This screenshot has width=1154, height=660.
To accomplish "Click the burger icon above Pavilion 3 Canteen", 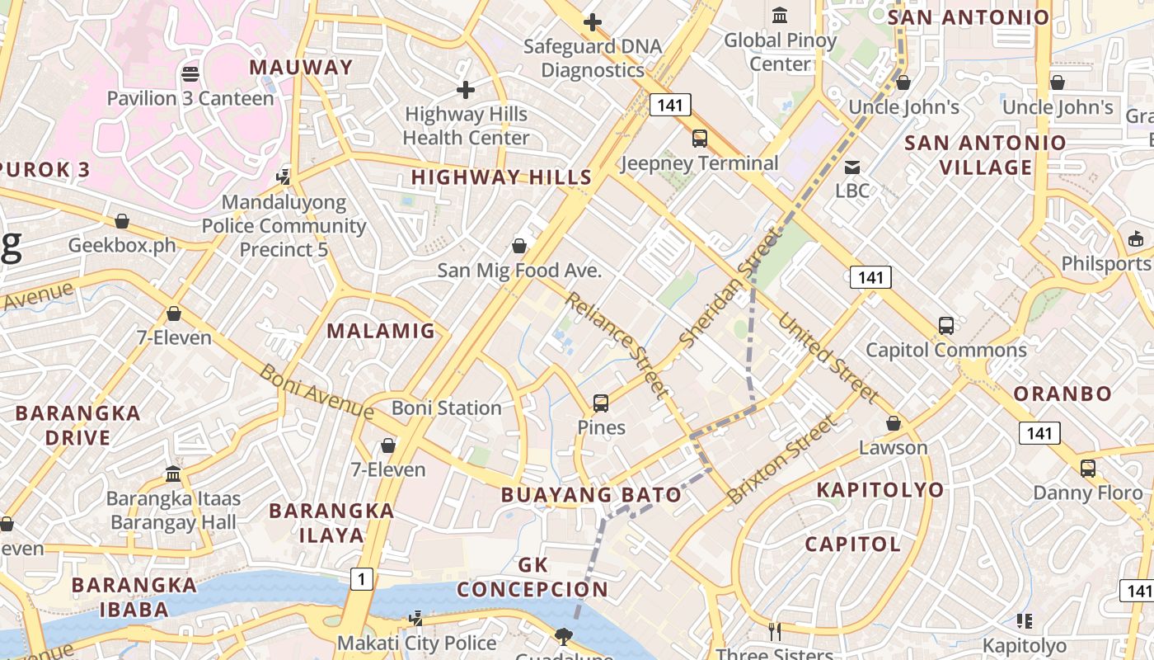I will pyautogui.click(x=190, y=74).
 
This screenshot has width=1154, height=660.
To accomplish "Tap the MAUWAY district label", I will pyautogui.click(x=301, y=68).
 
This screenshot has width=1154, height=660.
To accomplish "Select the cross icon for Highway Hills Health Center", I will pyautogui.click(x=466, y=89).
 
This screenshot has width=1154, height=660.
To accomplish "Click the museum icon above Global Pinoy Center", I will pyautogui.click(x=780, y=15).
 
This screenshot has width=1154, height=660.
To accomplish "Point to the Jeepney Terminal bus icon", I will pyautogui.click(x=699, y=139).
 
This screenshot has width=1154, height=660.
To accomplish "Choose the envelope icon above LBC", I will pyautogui.click(x=852, y=167).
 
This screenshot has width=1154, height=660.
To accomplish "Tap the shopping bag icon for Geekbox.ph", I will pyautogui.click(x=122, y=221).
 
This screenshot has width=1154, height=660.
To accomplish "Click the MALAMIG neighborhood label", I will pyautogui.click(x=381, y=332).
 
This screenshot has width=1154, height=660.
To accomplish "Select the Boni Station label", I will pyautogui.click(x=447, y=408).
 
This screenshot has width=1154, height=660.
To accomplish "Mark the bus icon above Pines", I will pyautogui.click(x=601, y=403).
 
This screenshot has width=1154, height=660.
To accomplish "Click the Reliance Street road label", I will pyautogui.click(x=616, y=344).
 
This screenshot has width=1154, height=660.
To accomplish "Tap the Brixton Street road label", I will pyautogui.click(x=781, y=460).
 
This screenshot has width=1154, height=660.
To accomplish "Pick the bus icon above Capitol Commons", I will pyautogui.click(x=946, y=326).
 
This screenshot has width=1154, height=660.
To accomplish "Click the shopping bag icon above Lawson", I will pyautogui.click(x=893, y=423).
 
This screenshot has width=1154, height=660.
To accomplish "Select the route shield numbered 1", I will pyautogui.click(x=361, y=579).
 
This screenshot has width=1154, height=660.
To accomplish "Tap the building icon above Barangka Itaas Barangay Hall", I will pyautogui.click(x=173, y=474).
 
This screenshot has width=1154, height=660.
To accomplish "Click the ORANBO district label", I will pyautogui.click(x=1063, y=394).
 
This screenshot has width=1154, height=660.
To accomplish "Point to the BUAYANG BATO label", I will pyautogui.click(x=592, y=495).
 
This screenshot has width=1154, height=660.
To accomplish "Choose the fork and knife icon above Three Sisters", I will pyautogui.click(x=774, y=632).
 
